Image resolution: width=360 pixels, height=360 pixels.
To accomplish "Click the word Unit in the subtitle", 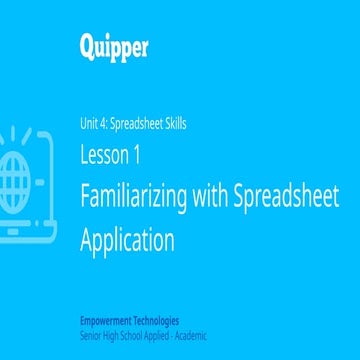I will coord(90,125).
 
